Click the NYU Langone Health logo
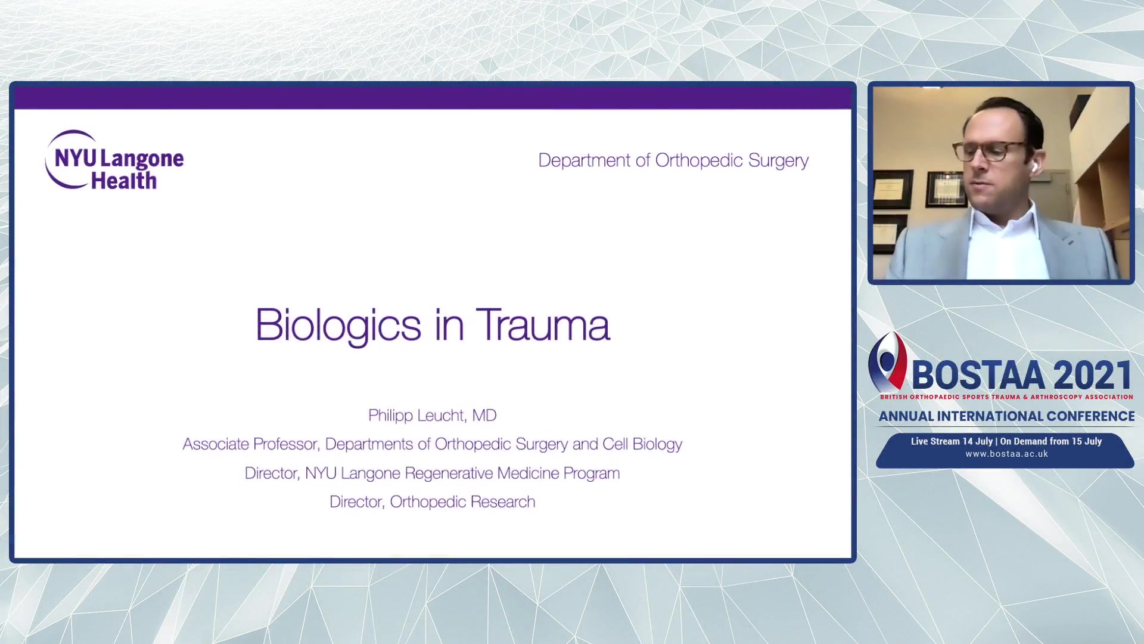[x=114, y=160]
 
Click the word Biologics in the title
[x=338, y=326]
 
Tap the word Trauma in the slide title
[x=543, y=325]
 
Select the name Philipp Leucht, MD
[x=432, y=416]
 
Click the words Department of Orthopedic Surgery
[x=673, y=160]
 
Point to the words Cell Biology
[x=642, y=444]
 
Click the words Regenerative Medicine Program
[x=512, y=473]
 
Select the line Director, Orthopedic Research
[x=432, y=502]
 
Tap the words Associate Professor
[x=250, y=444]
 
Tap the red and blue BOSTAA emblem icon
[x=888, y=361]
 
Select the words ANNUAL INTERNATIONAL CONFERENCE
[x=1006, y=416]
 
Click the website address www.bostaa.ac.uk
[x=1006, y=454]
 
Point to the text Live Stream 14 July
[x=952, y=441]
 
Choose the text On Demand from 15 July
[x=1051, y=441]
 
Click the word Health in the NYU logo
[x=123, y=180]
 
